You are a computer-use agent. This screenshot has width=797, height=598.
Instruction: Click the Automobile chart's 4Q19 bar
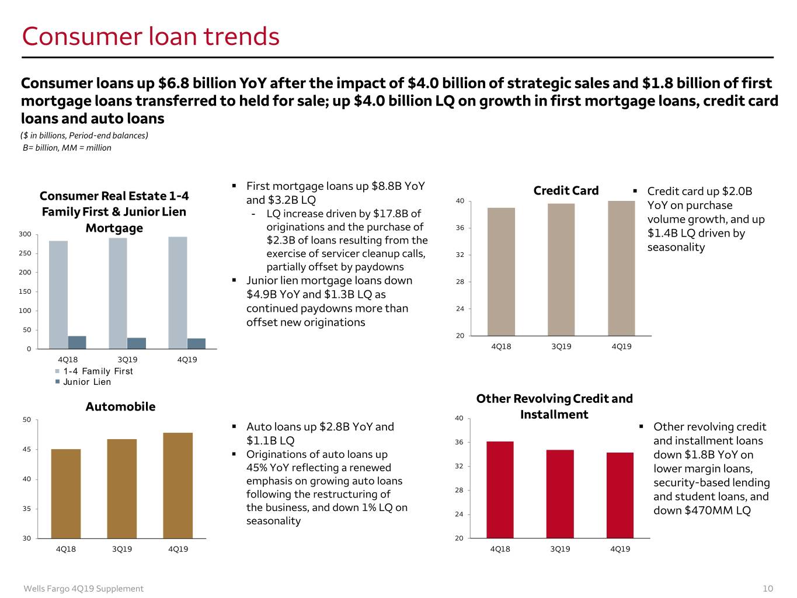178,485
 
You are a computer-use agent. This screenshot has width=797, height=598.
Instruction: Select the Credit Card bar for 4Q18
501,272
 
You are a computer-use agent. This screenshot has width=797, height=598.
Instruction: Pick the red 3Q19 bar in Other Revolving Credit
559,494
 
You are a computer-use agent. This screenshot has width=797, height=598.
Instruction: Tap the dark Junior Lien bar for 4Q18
77,342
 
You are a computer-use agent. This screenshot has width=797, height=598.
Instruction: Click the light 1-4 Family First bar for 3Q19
118,293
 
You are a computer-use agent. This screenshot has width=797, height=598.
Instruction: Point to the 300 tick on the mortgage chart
25,234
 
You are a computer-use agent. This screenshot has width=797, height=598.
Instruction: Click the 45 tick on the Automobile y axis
27,450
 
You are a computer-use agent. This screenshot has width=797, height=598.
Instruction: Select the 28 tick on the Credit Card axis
460,281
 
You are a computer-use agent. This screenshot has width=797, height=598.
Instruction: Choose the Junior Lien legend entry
83,381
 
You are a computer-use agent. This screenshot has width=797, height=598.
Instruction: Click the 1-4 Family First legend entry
94,371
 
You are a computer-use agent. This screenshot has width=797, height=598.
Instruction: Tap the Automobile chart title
120,406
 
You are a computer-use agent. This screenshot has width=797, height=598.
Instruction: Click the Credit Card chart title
566,190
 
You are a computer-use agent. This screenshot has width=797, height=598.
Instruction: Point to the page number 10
768,589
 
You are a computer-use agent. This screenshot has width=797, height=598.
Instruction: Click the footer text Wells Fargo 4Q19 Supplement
83,589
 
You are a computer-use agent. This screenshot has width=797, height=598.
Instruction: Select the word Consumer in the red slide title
82,36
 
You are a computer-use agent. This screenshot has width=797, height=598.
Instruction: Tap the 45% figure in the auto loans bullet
256,468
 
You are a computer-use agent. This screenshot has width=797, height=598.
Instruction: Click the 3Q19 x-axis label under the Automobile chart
122,549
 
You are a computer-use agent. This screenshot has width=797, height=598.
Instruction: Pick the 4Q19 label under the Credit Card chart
621,346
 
